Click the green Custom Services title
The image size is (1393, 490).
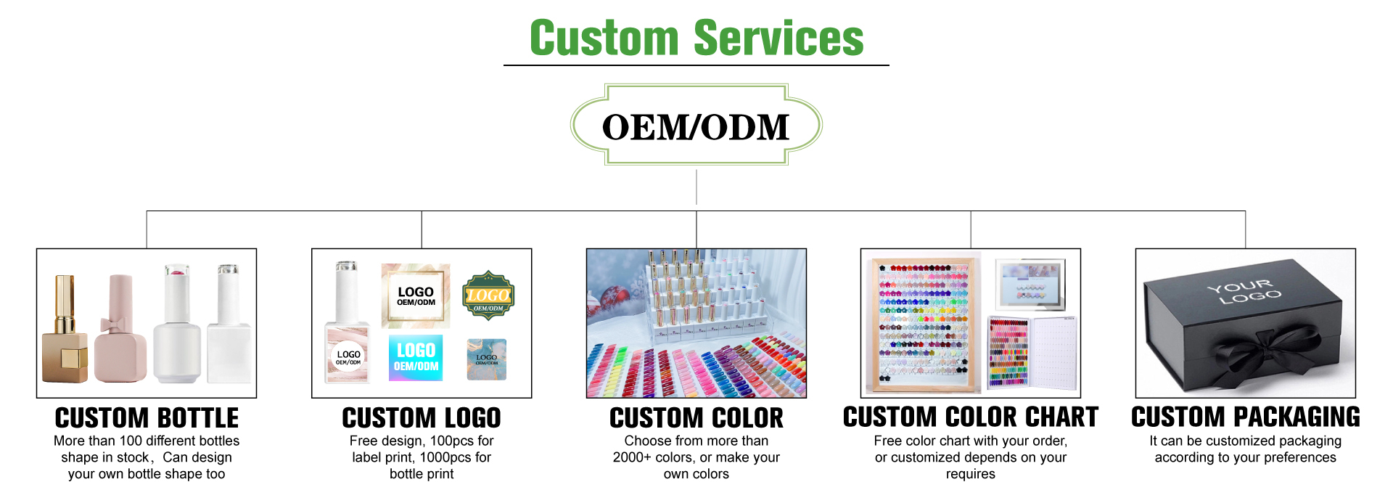pos(696,38)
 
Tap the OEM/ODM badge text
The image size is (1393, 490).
pos(696,127)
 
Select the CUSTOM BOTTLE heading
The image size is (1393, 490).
pos(147,417)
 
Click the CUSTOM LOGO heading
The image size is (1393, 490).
pos(422,417)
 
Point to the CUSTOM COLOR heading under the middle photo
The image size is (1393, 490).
pos(696,417)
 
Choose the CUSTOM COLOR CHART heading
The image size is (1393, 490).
pos(971,417)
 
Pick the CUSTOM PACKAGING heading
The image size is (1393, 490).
pos(1246,417)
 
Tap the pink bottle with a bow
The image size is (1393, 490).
pos(120,329)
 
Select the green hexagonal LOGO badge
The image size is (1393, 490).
pos(488,295)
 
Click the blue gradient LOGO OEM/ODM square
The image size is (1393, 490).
pos(416,357)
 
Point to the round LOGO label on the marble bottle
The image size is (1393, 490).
pos(348,357)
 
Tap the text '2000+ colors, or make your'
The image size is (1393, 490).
pos(696,457)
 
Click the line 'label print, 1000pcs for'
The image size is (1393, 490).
pos(422,457)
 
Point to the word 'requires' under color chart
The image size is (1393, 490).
pos(971,475)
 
